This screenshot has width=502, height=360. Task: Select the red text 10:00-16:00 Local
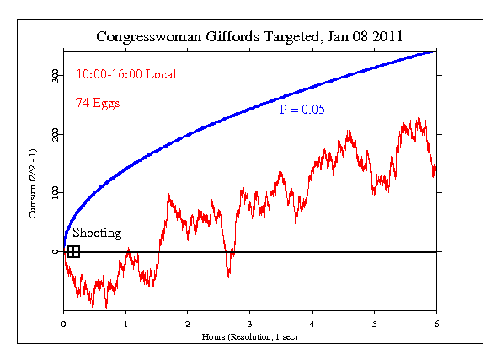(x=126, y=74)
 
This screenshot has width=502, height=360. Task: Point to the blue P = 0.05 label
(x=302, y=110)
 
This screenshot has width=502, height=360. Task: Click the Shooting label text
(x=96, y=234)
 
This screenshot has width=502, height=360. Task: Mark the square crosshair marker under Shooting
(x=73, y=251)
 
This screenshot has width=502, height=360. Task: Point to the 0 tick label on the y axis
(x=55, y=251)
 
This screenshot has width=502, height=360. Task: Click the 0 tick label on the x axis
(x=64, y=322)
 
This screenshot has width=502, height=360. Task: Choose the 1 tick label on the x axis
(x=125, y=322)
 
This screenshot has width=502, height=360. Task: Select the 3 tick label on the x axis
(x=250, y=322)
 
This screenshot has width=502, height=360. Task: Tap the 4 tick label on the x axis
(x=312, y=322)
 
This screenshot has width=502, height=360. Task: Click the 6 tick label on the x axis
(x=436, y=322)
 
